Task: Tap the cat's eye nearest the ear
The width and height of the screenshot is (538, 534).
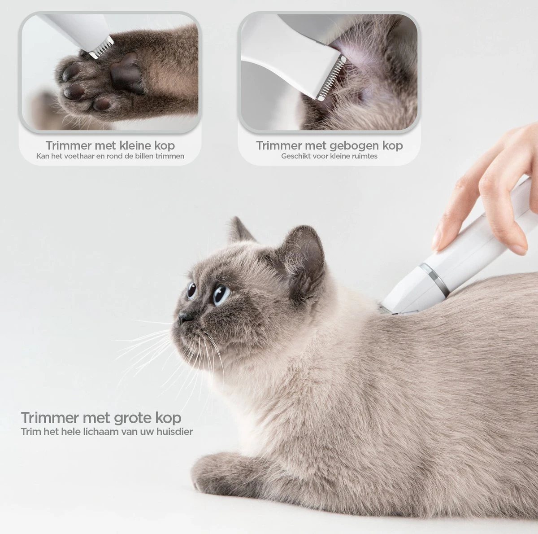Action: coord(221,294)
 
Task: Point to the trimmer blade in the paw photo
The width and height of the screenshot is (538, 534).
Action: coord(101,48)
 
